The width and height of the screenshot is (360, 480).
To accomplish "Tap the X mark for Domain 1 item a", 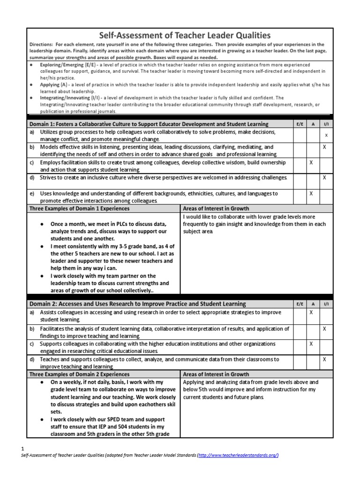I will pos(326,135).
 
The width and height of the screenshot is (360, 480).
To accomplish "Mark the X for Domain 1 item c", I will pos(311,162).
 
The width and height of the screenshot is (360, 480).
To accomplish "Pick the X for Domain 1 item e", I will pos(311,193).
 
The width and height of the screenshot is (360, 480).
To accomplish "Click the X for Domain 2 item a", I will pos(311,312).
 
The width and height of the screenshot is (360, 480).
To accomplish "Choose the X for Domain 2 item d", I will pos(325,359).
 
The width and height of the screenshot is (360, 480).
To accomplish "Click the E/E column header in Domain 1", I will pos(300,124).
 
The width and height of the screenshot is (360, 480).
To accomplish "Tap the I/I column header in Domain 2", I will pos(326,304).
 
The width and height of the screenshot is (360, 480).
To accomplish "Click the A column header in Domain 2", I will pos(313,304).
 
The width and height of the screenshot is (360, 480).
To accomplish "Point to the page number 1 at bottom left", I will pos(23,448).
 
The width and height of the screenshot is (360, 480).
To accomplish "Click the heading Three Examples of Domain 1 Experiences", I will pos(80,208).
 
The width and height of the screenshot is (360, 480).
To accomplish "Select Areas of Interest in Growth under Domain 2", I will pos(216,375).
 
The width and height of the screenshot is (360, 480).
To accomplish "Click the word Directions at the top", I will pos(41,45).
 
